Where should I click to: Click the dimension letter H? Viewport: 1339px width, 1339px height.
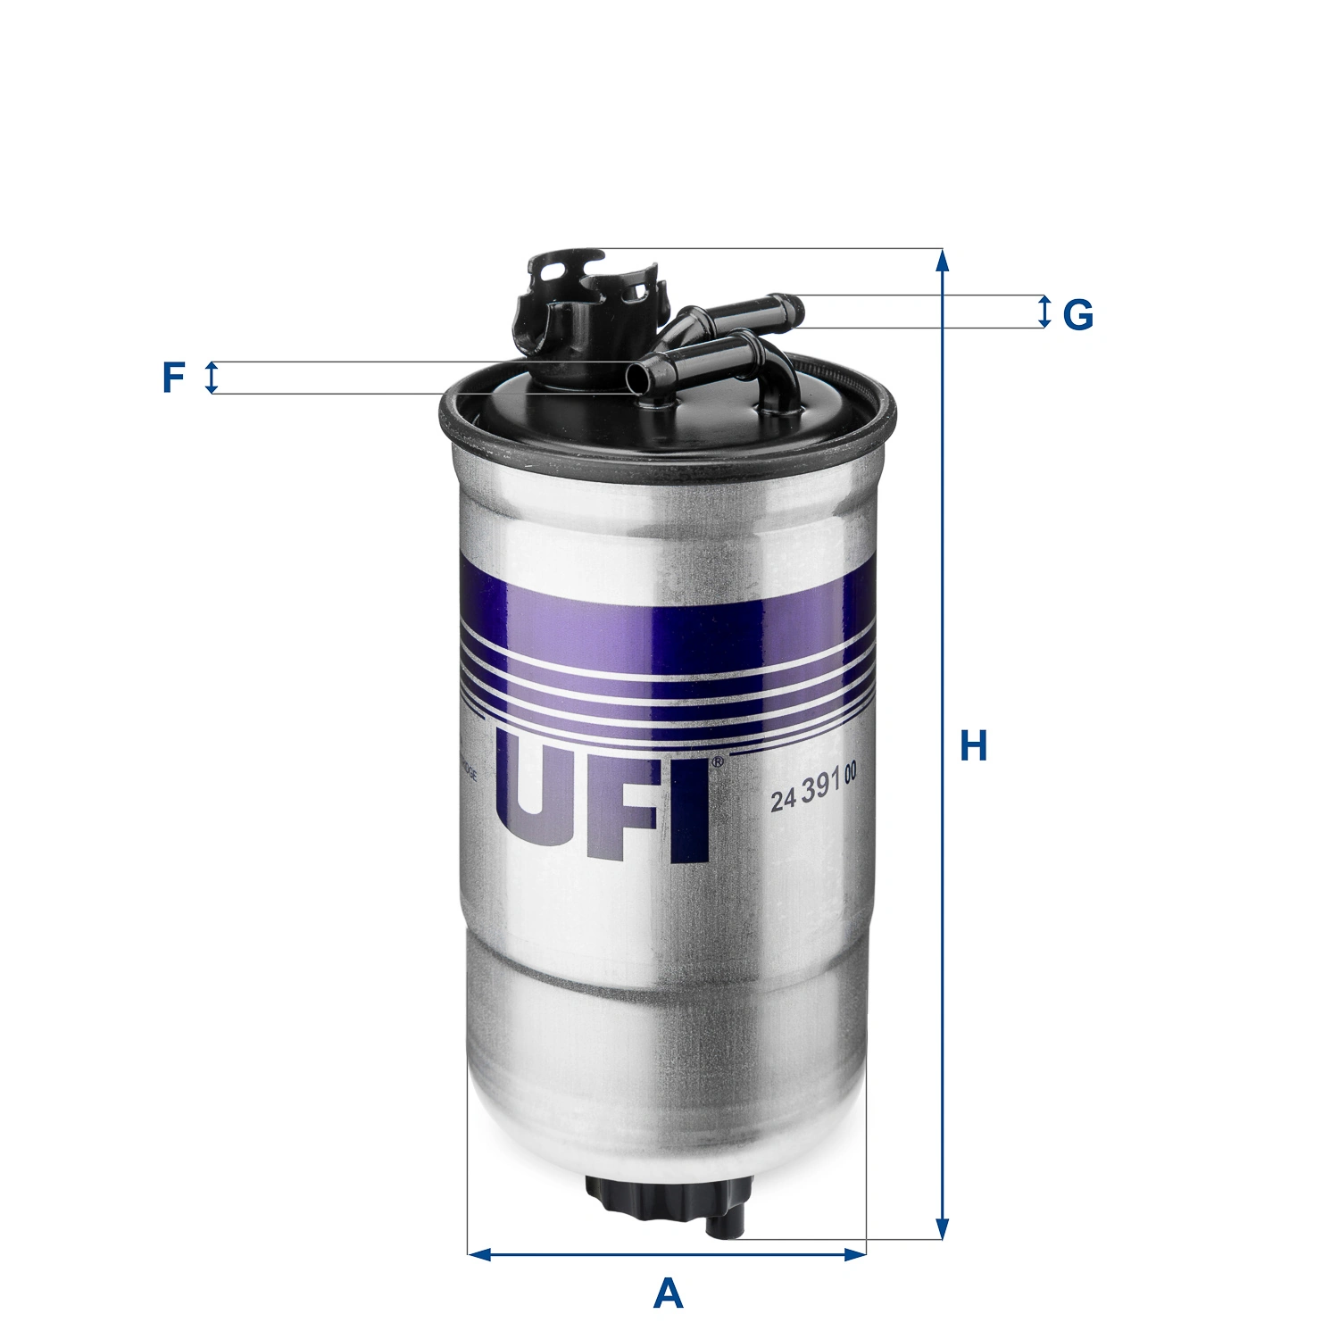click(973, 746)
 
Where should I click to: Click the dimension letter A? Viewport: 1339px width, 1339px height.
click(668, 1293)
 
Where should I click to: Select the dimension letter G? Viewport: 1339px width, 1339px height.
click(1078, 314)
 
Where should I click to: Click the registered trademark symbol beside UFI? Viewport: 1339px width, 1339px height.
click(718, 762)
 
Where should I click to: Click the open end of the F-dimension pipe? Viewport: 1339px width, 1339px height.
click(636, 377)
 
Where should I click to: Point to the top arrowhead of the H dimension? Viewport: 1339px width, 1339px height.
click(942, 260)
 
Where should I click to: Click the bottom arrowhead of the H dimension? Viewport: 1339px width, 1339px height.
click(942, 1228)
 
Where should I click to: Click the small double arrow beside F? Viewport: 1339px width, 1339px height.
click(212, 378)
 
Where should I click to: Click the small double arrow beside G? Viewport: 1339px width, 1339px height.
click(1044, 312)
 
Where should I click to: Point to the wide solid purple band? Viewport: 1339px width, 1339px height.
click(665, 625)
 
